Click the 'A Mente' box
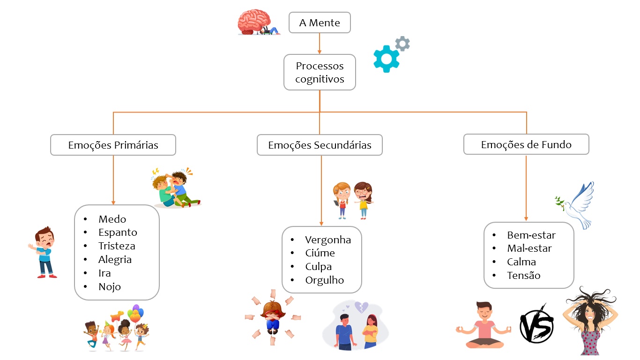click(x=320, y=22)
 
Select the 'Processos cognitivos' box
click(x=320, y=72)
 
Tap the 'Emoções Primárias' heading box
click(x=113, y=145)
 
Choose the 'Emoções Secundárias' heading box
click(x=320, y=145)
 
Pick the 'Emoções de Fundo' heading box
click(x=526, y=144)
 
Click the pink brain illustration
click(x=253, y=22)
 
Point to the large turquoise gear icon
click(x=386, y=59)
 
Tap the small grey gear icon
click(x=402, y=44)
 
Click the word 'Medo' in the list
click(x=112, y=219)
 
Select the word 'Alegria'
click(x=115, y=259)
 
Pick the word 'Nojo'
click(x=110, y=286)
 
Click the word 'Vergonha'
click(x=328, y=240)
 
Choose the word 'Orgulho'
click(x=325, y=280)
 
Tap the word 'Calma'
click(x=521, y=262)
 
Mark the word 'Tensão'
click(x=524, y=275)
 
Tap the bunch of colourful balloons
click(x=136, y=314)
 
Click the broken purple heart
click(x=361, y=307)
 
